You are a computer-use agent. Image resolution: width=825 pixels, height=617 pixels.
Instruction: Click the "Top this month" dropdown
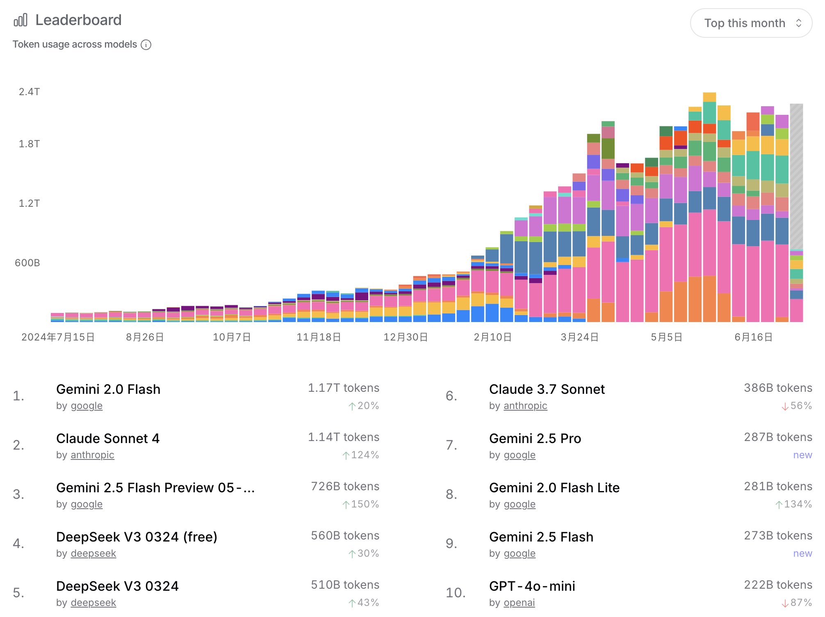click(x=751, y=23)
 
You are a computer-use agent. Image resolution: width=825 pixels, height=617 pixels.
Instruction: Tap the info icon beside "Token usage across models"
click(x=146, y=45)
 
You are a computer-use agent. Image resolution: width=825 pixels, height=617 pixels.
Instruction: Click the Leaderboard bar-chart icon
click(x=21, y=20)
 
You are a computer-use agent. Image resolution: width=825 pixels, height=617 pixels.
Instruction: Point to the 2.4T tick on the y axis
click(x=29, y=92)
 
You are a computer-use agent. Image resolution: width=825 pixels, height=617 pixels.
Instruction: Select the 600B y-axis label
click(x=27, y=263)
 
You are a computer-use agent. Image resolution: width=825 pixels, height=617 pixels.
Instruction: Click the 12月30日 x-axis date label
click(x=406, y=337)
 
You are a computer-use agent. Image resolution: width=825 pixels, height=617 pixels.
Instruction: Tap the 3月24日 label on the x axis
click(x=579, y=337)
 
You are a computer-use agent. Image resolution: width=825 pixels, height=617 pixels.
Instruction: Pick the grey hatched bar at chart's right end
click(x=796, y=176)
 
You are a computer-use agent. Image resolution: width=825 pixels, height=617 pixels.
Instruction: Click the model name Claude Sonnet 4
click(x=108, y=439)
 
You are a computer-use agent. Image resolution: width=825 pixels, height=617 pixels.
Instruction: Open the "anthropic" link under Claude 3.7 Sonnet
click(x=525, y=406)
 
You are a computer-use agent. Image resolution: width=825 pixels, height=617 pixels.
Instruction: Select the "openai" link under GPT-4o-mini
click(x=519, y=603)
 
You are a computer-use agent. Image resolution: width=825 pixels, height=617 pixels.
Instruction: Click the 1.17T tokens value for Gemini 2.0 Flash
click(x=343, y=388)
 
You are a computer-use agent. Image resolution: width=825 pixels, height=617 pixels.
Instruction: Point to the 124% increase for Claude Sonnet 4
click(x=360, y=455)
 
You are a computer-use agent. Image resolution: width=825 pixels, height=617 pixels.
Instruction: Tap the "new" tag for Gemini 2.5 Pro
click(x=802, y=455)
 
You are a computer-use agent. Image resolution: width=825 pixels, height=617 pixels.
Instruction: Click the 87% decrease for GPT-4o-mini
click(x=797, y=603)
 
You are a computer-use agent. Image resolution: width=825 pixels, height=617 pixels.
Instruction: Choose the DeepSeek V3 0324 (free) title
click(x=137, y=537)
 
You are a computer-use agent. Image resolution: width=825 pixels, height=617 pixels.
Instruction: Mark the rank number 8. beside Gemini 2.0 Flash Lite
click(x=451, y=494)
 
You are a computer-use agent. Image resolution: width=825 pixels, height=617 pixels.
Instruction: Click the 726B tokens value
click(x=345, y=487)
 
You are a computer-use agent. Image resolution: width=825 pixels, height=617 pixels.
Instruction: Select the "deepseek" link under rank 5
click(x=93, y=603)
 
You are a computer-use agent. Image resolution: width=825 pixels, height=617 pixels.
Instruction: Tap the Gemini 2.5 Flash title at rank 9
click(x=541, y=537)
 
